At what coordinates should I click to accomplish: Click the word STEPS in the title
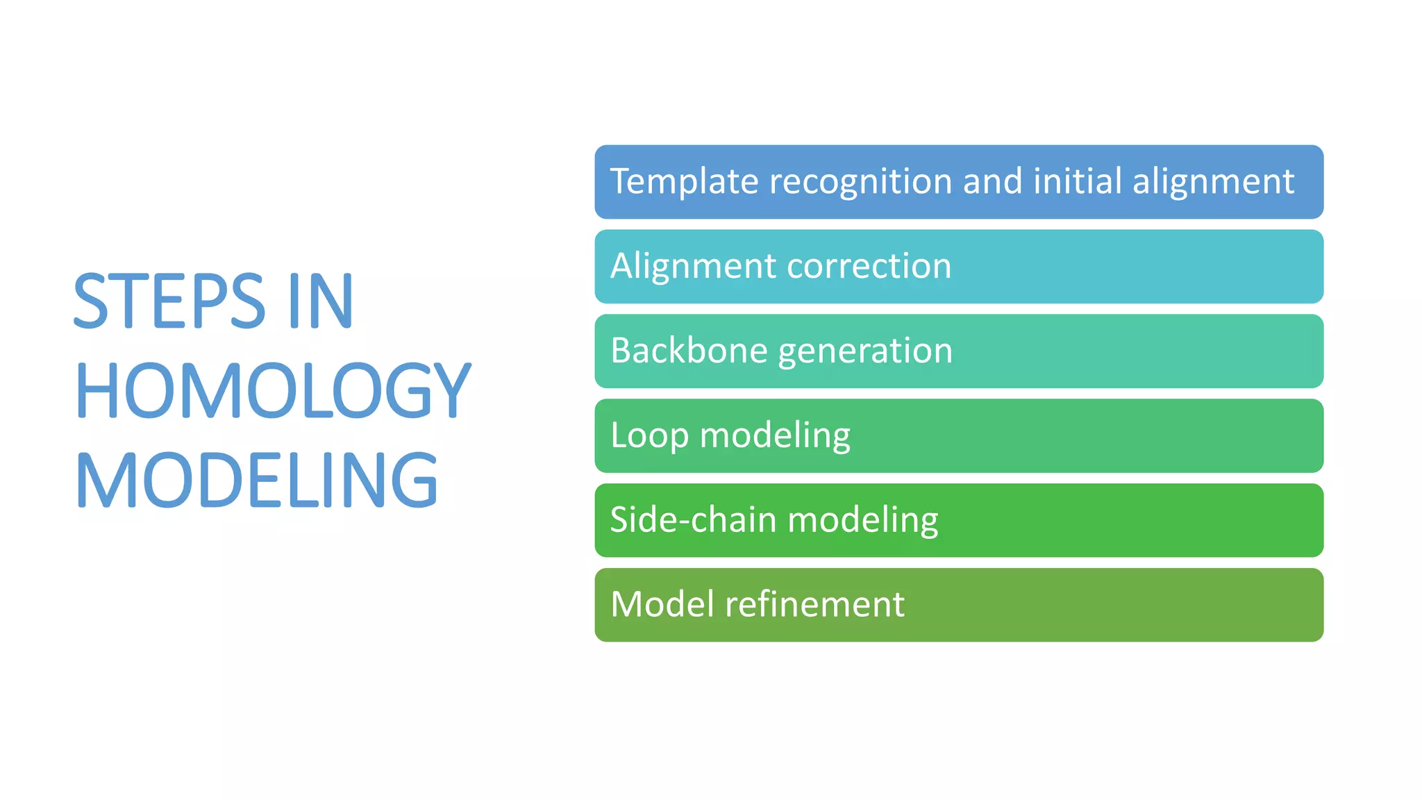169,301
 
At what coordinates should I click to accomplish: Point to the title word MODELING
257,480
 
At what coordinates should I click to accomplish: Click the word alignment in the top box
1213,183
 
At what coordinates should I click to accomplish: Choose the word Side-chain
693,520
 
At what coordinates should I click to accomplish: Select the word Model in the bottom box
663,604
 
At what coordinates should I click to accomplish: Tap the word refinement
815,604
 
